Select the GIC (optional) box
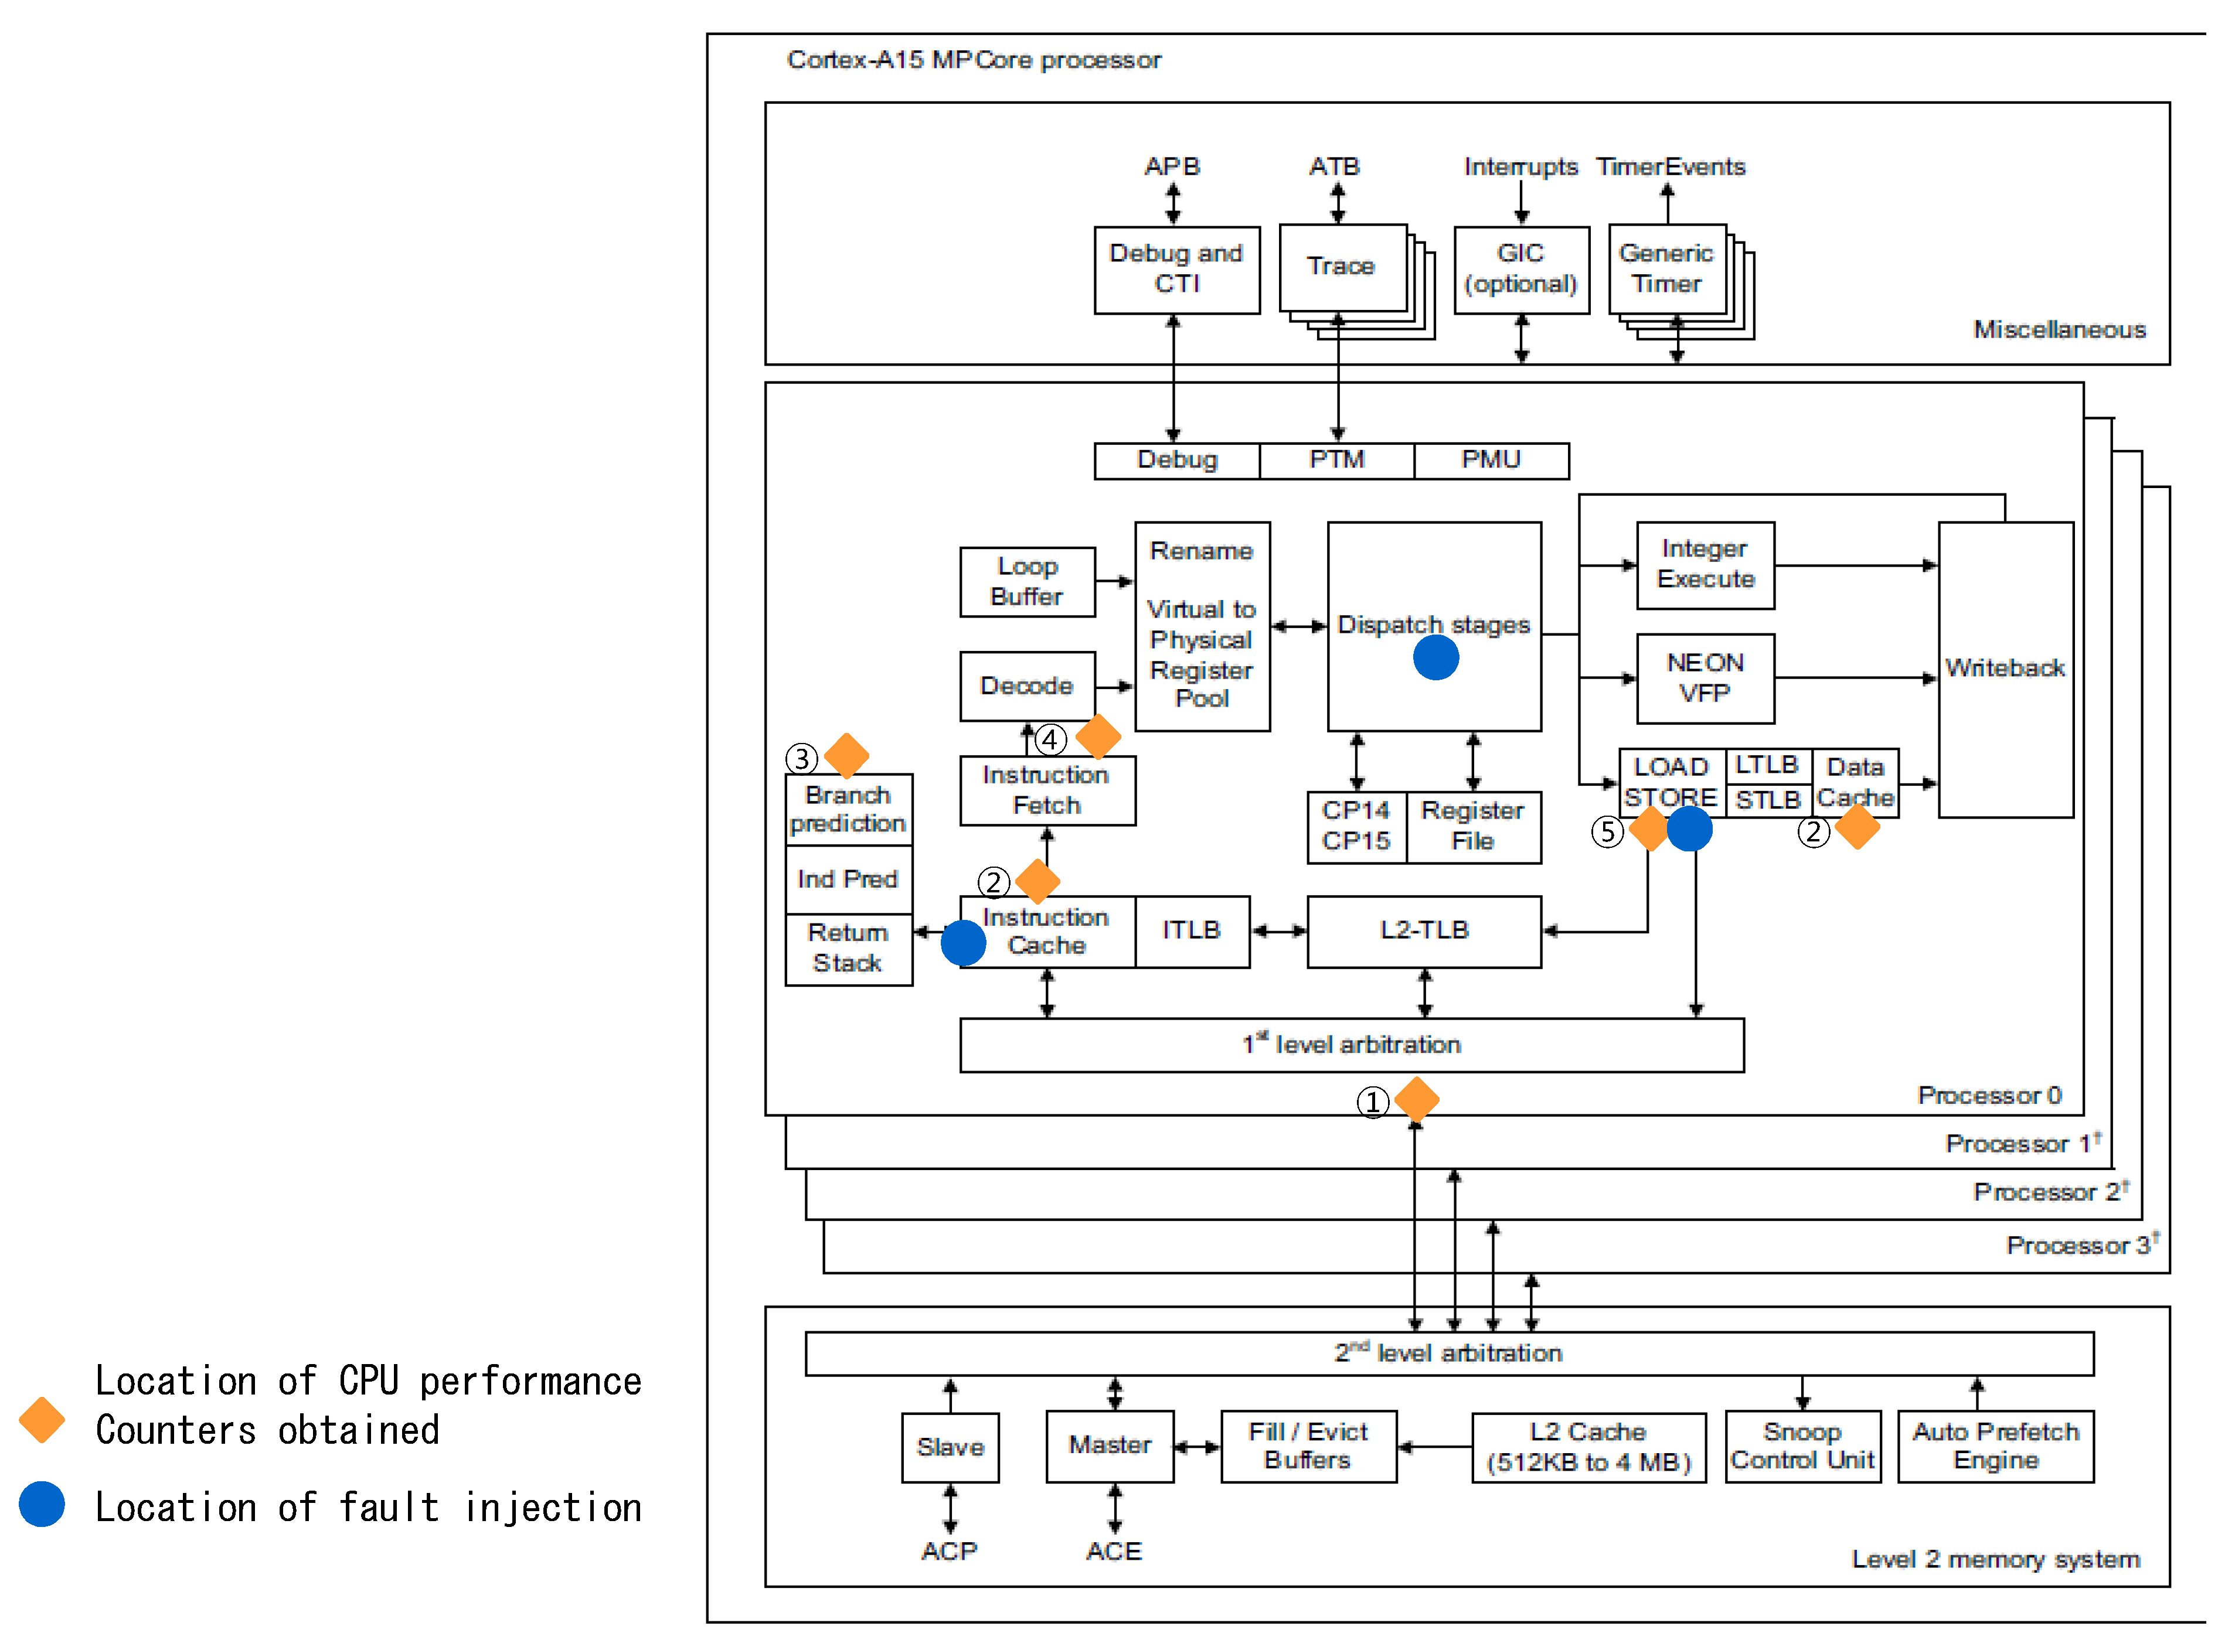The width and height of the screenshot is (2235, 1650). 1520,270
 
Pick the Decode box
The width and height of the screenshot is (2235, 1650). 1026,686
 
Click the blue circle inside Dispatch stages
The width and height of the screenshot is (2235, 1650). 1435,658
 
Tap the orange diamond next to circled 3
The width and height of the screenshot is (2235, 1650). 846,756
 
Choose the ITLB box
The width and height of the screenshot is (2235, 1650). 1191,931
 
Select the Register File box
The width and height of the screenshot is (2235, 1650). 1472,826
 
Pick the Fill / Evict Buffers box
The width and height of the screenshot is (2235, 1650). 1307,1446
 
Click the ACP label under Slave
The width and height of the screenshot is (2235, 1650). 948,1551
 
